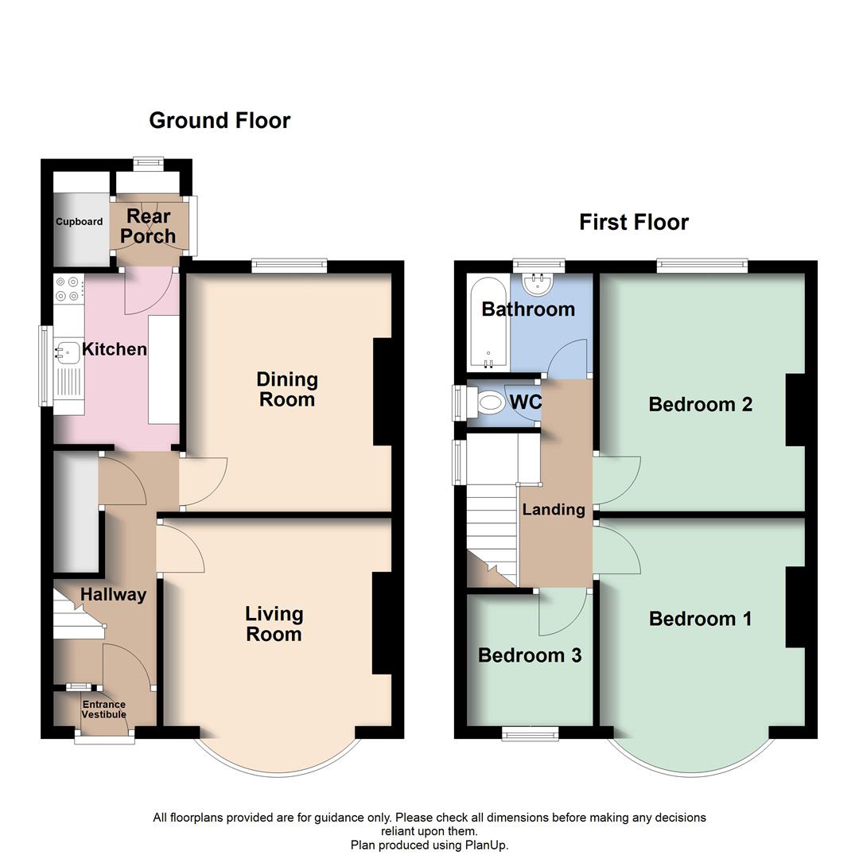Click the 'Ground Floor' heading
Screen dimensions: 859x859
(x=220, y=120)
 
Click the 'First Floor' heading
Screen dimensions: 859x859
(x=633, y=222)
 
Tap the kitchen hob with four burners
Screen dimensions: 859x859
(x=68, y=288)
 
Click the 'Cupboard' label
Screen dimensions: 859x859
(x=79, y=222)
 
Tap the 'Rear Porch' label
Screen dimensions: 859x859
(x=149, y=226)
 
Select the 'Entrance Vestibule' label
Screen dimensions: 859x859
(x=104, y=709)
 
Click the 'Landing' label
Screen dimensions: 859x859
(x=553, y=510)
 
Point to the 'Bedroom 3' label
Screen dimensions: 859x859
(x=529, y=655)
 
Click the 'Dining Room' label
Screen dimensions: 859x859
(x=287, y=389)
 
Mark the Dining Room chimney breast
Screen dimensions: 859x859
(x=383, y=391)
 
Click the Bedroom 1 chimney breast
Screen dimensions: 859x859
(x=795, y=608)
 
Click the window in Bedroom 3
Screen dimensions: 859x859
(x=530, y=733)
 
